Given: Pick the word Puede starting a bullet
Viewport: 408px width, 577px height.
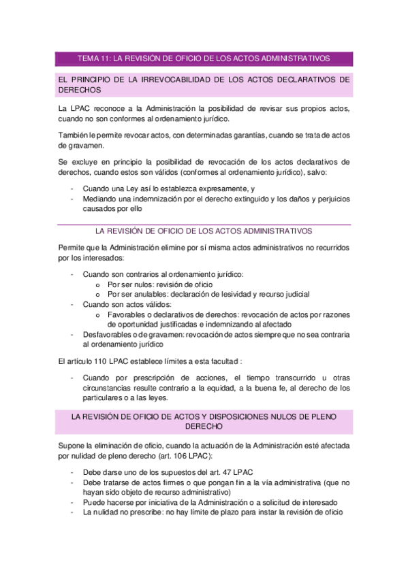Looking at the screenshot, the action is click(x=94, y=502).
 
